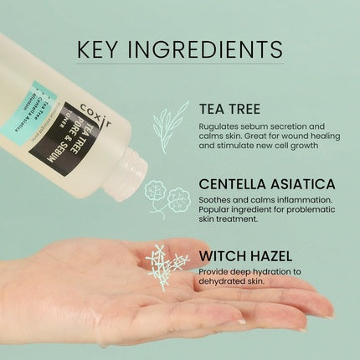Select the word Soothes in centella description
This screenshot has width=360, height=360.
pyautogui.click(x=216, y=201)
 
